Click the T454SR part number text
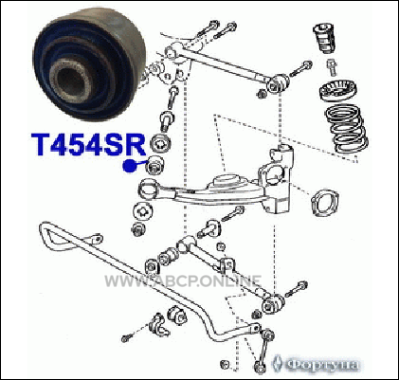[x=88, y=144]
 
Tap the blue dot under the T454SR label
[x=129, y=166]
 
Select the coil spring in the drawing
[x=346, y=129]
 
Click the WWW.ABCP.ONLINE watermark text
[x=183, y=280]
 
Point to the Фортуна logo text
[x=323, y=365]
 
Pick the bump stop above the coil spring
[x=324, y=38]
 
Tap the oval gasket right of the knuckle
[x=324, y=203]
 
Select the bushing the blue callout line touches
[x=155, y=164]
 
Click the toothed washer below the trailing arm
[x=143, y=211]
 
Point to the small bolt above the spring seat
[x=332, y=67]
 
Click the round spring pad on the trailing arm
[x=227, y=181]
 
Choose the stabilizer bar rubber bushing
[x=176, y=315]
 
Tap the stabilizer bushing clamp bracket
[x=158, y=324]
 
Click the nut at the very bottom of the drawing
[x=225, y=363]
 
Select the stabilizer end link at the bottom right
[x=263, y=350]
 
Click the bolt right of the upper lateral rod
[x=300, y=69]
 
